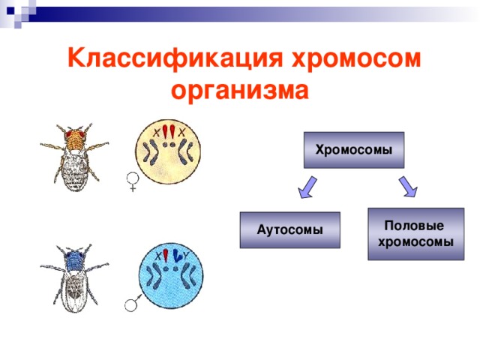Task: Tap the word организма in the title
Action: coord(240,91)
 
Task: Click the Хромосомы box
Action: coord(353,150)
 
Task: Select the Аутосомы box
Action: coord(289,229)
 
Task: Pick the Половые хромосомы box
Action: coord(415,234)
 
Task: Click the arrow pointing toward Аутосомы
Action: coord(307,188)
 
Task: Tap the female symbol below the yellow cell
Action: coord(133,182)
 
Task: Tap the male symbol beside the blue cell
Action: coord(133,303)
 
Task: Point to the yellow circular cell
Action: coord(170,153)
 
